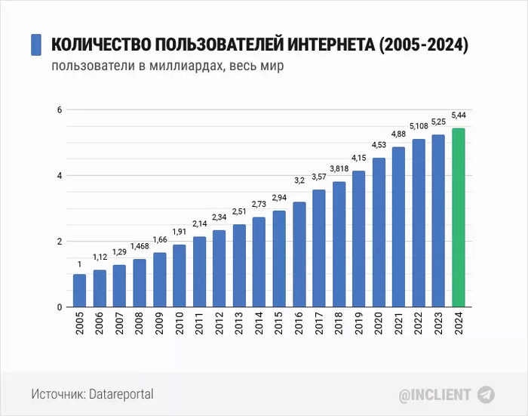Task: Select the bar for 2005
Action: click(x=79, y=291)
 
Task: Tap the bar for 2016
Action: click(x=299, y=254)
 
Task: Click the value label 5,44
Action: click(x=459, y=115)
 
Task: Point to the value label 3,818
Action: click(x=339, y=168)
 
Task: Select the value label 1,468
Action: click(x=140, y=246)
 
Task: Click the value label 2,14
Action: click(x=199, y=224)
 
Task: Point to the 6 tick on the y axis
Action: click(x=58, y=110)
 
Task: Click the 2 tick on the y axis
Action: click(x=58, y=242)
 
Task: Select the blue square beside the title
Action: click(x=35, y=45)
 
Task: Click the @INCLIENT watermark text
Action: click(x=434, y=394)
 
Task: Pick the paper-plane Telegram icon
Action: click(x=487, y=394)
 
